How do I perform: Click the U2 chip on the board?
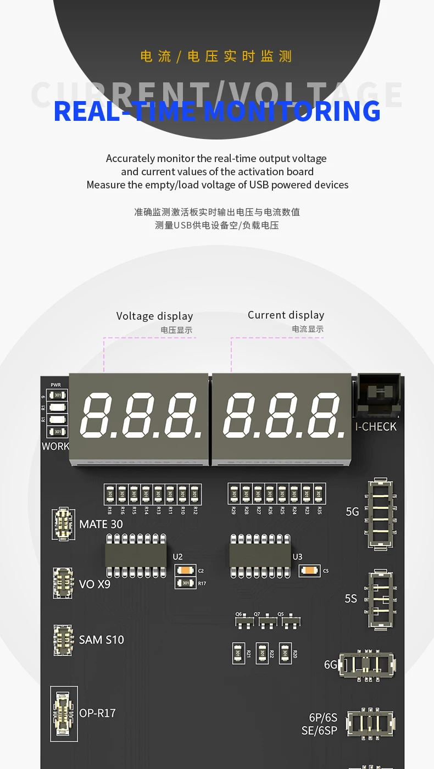tap(136, 556)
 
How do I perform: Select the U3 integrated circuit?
tap(260, 556)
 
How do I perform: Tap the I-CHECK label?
tap(376, 427)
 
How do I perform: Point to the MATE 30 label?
tap(101, 525)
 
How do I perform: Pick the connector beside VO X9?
tap(63, 583)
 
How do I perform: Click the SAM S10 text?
tap(102, 640)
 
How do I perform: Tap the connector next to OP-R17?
tap(64, 714)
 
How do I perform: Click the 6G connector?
tap(366, 665)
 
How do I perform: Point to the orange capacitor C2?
tap(185, 571)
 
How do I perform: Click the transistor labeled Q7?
tap(268, 622)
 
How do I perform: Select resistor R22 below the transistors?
tap(262, 653)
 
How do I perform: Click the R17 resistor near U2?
tap(185, 583)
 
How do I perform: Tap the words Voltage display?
tap(154, 316)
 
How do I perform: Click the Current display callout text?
tap(286, 315)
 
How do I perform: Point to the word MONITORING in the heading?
tap(292, 111)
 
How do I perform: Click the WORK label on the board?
tap(55, 447)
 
